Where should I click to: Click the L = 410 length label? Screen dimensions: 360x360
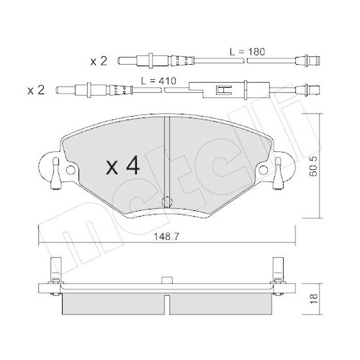[158, 80]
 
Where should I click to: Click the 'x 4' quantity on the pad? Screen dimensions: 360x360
[122, 167]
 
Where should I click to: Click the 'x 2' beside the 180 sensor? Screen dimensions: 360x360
[100, 62]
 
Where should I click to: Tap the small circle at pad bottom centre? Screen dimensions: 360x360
[166, 202]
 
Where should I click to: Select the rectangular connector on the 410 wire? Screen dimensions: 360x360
[224, 91]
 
